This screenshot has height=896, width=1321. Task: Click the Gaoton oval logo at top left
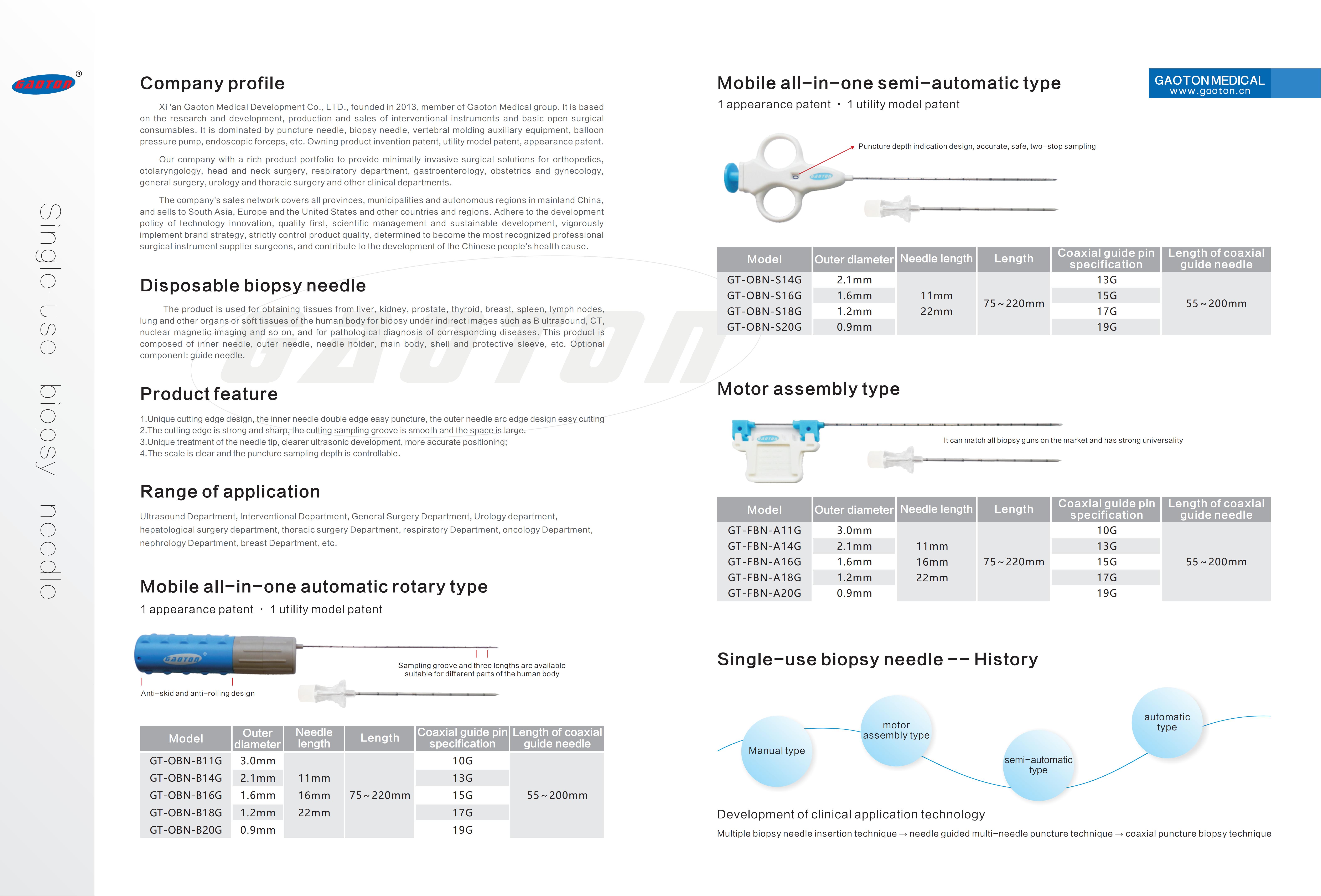[x=44, y=84]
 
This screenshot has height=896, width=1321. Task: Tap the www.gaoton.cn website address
[x=1209, y=91]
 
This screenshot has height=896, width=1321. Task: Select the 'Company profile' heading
[x=212, y=84]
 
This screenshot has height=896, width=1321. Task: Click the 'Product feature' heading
[x=209, y=394]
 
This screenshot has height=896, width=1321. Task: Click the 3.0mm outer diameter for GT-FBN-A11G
[x=854, y=530]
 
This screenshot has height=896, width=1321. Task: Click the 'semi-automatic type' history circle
[x=1038, y=765]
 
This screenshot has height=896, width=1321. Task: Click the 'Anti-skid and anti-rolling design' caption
[x=198, y=693]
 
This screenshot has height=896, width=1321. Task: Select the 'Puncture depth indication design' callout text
[x=976, y=146]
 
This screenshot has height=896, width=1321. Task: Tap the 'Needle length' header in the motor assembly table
[x=936, y=509]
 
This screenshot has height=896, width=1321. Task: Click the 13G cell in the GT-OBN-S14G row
[x=1106, y=279]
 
